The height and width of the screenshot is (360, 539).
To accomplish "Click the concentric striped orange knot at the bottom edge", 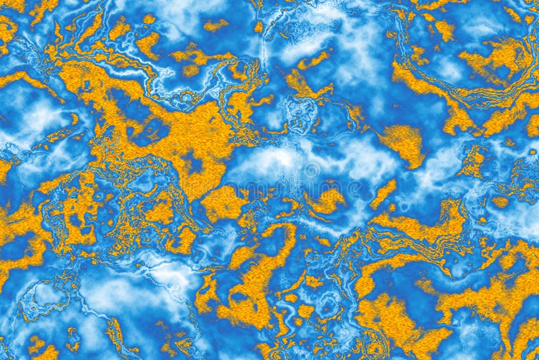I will [x=375, y=343].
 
